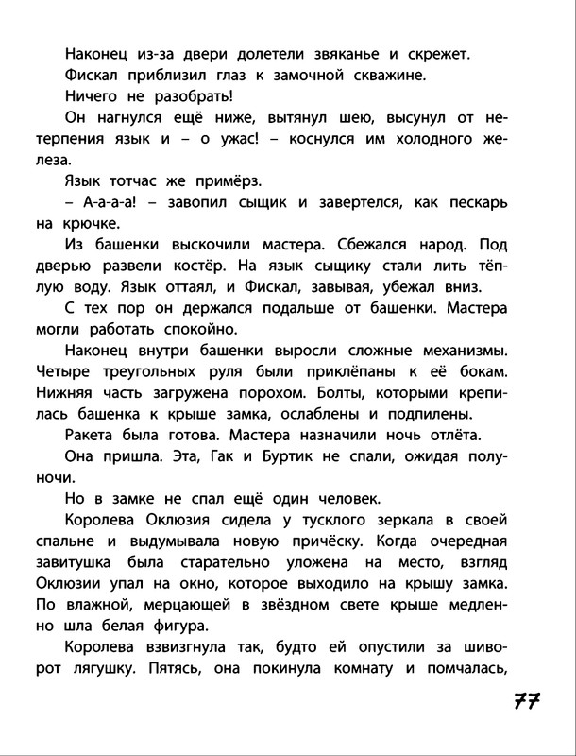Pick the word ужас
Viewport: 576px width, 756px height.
point(271,142)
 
